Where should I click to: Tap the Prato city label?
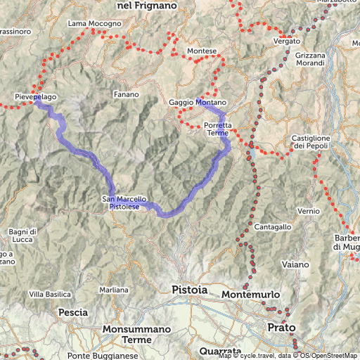(x=282, y=327)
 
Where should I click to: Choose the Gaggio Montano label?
(x=198, y=103)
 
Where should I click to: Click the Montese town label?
(x=202, y=51)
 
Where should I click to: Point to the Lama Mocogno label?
(x=94, y=24)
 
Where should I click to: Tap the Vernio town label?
(x=309, y=211)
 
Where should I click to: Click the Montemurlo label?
(x=251, y=294)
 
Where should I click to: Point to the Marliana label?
(x=114, y=290)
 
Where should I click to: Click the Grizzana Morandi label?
(x=310, y=60)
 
